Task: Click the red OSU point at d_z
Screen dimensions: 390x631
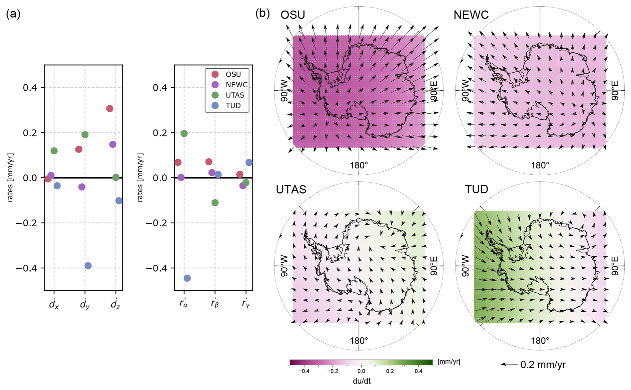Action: coord(109,109)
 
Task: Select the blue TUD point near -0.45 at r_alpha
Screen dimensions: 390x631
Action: coord(187,278)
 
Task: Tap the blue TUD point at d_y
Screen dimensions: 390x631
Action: coord(88,266)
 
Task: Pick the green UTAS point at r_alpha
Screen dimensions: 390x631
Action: coord(184,134)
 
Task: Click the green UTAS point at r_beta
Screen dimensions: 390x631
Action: coord(215,203)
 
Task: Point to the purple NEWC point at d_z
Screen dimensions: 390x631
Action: coord(113,144)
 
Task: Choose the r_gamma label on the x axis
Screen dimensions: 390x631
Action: coord(246,303)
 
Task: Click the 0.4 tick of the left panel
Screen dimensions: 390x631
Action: coord(30,88)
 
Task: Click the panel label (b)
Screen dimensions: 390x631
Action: coord(262,13)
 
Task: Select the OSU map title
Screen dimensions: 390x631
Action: coord(292,15)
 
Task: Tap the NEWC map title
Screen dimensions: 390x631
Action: coord(471,15)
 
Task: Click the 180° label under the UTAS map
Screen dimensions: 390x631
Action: coord(359,341)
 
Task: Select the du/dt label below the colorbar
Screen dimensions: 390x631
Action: coord(362,381)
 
